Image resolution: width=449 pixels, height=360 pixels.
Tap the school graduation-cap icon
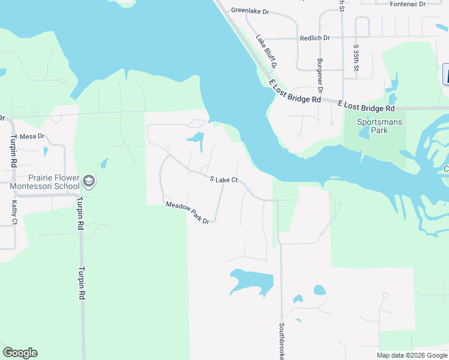click(x=89, y=181)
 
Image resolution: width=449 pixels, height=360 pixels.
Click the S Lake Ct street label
click(x=224, y=179)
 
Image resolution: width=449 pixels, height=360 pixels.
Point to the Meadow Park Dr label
click(x=187, y=213)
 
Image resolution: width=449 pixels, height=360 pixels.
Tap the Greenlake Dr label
click(x=250, y=10)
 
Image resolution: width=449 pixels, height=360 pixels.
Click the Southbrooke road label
click(x=281, y=342)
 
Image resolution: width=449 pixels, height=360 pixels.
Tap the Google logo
click(x=20, y=353)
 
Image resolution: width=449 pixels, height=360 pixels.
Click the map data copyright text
click(x=412, y=355)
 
